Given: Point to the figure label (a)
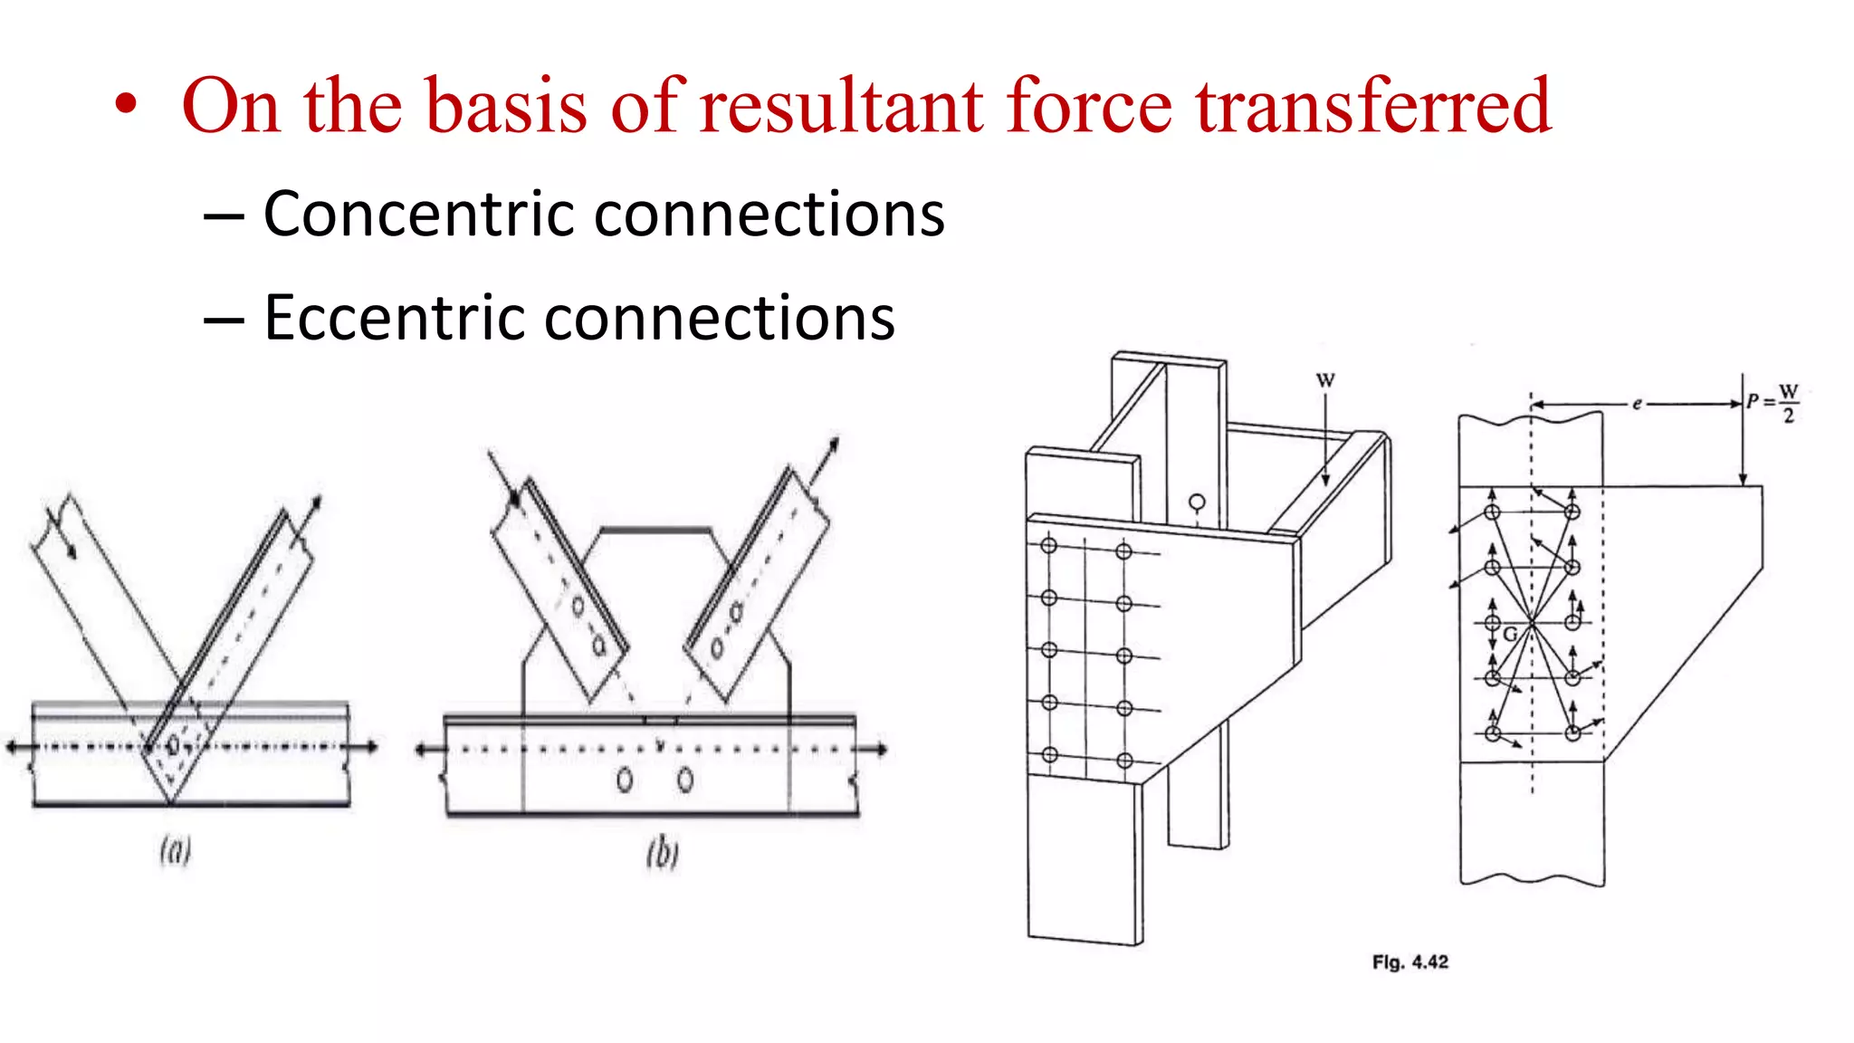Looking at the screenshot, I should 176,850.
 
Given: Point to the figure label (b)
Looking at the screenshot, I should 663,853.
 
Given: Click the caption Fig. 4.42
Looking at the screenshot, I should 1410,962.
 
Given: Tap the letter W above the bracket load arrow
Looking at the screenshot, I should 1325,380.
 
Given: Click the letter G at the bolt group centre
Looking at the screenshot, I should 1510,635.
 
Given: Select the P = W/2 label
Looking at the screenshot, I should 1773,402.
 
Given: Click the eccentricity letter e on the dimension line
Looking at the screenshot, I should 1637,404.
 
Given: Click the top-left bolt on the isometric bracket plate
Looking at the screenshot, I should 1049,545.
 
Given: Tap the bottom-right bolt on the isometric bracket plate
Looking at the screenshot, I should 1124,761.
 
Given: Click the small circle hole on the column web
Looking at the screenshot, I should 1197,502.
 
